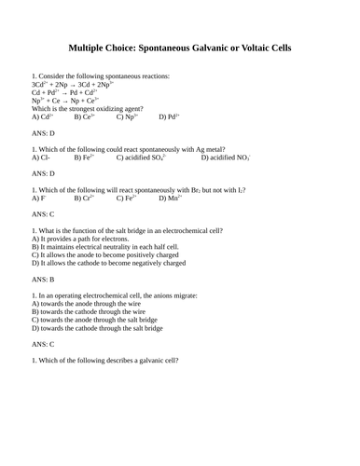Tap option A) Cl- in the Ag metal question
41,158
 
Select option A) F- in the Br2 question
38,199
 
